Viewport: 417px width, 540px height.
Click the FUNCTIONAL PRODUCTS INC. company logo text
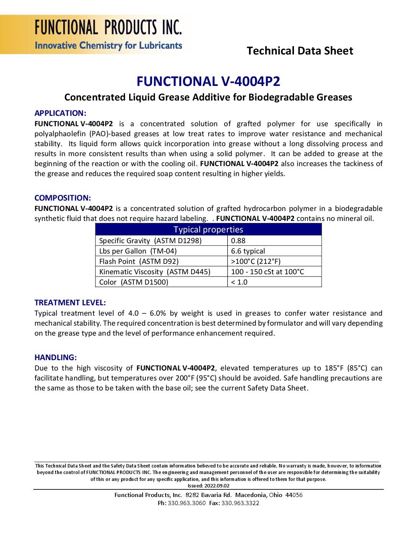point(108,28)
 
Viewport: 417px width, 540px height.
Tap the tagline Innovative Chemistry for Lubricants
point(108,46)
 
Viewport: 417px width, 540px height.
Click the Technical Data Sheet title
point(300,51)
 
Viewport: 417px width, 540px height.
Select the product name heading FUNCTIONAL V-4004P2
point(208,81)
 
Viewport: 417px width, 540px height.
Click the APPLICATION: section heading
point(60,113)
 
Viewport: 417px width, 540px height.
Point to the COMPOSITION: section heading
point(62,198)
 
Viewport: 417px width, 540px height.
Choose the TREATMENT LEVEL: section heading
point(70,303)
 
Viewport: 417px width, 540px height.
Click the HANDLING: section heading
point(56,357)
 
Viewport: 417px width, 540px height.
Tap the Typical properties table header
point(208,229)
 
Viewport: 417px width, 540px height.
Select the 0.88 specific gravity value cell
point(238,240)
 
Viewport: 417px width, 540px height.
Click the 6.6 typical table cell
point(248,251)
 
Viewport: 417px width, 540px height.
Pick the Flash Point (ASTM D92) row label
point(139,261)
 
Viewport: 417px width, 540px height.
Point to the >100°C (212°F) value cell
point(256,261)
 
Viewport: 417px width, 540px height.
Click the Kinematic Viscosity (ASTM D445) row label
point(154,272)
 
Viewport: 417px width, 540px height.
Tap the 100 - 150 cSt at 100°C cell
point(267,272)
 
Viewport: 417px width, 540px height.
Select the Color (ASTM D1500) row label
point(133,282)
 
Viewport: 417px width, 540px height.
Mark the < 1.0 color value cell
point(239,282)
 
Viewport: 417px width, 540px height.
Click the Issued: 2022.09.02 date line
point(208,486)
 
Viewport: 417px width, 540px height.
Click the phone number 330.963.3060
point(187,503)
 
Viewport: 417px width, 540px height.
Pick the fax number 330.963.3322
point(240,503)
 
